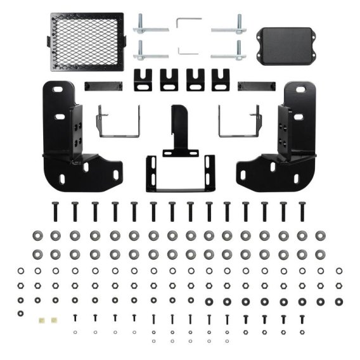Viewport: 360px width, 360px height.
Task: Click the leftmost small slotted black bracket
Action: (x=143, y=79)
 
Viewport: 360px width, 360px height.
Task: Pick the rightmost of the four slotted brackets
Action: (x=221, y=79)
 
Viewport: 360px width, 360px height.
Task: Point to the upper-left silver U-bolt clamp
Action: (x=151, y=28)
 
